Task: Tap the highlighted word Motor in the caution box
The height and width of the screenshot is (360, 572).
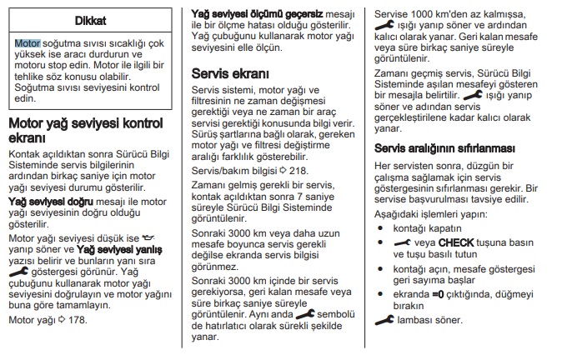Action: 28,42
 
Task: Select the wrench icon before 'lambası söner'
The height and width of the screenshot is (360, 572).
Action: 385,319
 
